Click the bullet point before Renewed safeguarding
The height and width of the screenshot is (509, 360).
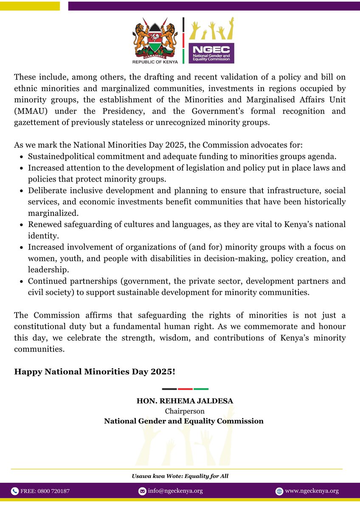pos(22,224)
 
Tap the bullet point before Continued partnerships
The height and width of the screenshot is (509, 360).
pos(22,282)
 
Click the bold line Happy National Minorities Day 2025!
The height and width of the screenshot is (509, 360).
pos(94,372)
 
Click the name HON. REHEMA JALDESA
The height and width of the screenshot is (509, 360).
pos(185,401)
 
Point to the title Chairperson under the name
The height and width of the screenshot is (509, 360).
pos(184,411)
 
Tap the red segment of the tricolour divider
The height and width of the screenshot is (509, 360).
pos(185,389)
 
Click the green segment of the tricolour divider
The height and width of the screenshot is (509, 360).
pos(201,389)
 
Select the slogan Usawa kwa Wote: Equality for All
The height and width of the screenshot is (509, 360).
pos(180,476)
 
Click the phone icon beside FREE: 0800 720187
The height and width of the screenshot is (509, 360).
pos(14,491)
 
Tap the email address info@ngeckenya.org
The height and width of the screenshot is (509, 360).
pos(175,491)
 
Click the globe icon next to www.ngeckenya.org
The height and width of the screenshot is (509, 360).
pos(279,491)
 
